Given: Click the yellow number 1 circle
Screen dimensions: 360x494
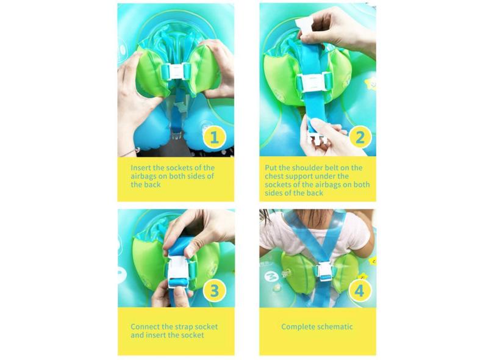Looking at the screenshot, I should (x=214, y=137).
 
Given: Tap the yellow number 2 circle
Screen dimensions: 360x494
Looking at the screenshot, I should (x=360, y=137).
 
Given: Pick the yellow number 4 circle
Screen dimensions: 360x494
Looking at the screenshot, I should (x=360, y=291).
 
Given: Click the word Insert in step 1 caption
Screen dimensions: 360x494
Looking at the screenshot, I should (x=142, y=167).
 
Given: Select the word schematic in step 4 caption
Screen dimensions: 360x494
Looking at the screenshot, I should (x=335, y=326).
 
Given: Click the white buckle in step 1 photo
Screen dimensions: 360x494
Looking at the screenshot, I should (x=176, y=72).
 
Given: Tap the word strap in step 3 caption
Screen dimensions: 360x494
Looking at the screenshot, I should (x=177, y=326).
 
